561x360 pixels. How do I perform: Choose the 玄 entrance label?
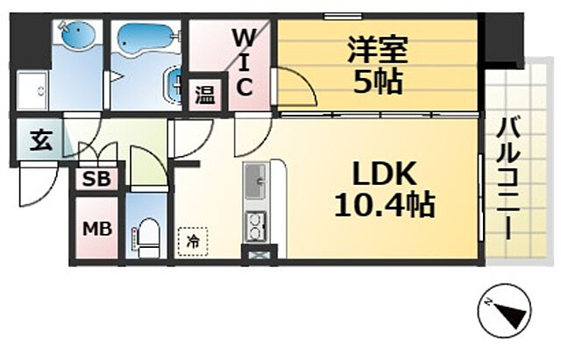[40, 140]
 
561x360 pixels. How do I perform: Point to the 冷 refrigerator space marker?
[192, 238]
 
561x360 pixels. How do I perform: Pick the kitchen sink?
[257, 182]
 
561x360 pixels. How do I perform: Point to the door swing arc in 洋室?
[298, 88]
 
